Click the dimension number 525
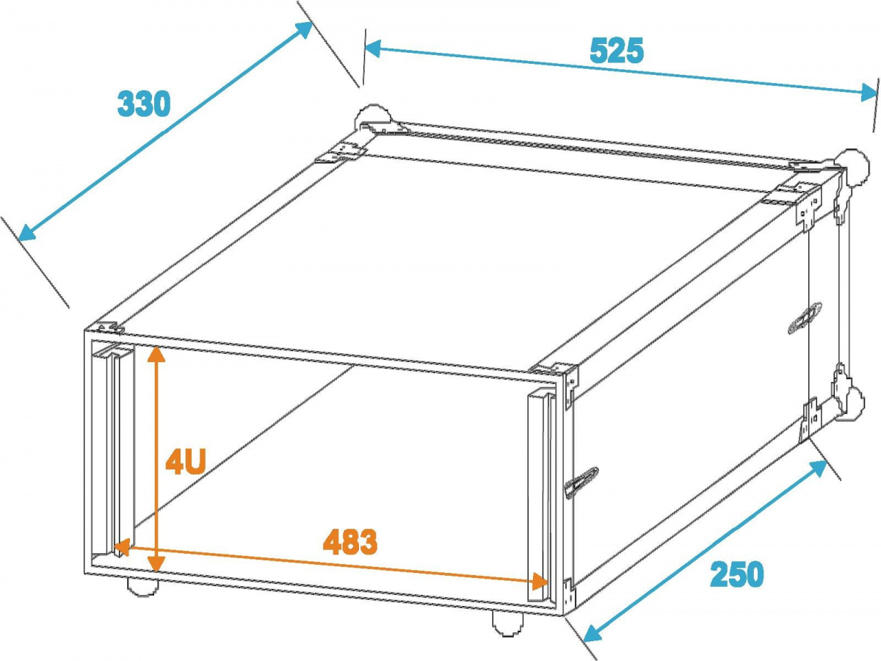tap(616, 51)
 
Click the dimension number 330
tap(144, 104)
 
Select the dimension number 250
tap(736, 574)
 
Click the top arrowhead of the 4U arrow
tap(155, 354)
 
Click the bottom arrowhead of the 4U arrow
tap(156, 563)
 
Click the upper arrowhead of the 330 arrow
tap(305, 29)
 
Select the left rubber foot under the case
tap(142, 585)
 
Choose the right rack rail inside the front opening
tap(542, 485)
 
